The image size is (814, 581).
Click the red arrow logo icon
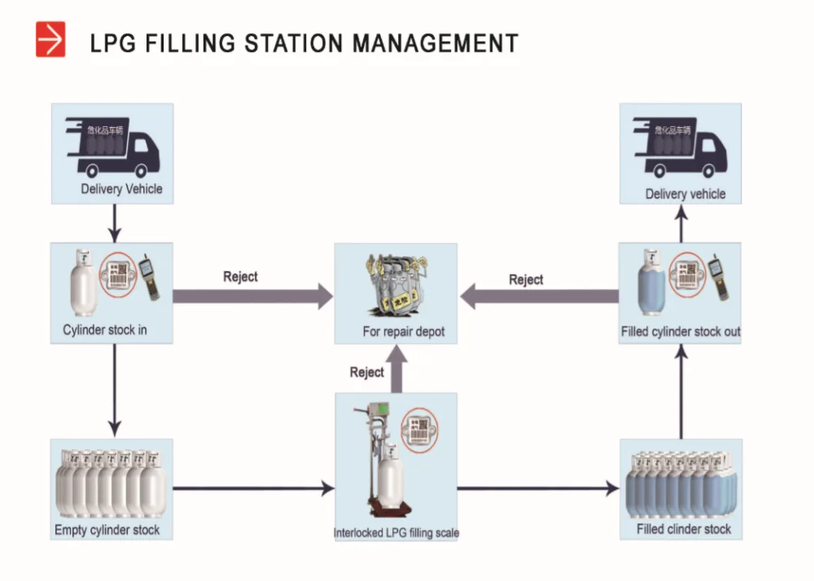pyautogui.click(x=50, y=40)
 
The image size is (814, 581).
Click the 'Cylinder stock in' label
pyautogui.click(x=105, y=330)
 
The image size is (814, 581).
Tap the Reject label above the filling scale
pyautogui.click(x=366, y=372)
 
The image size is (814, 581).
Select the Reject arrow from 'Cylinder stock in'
pyautogui.click(x=252, y=296)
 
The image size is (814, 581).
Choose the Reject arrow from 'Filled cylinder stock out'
pyautogui.click(x=541, y=297)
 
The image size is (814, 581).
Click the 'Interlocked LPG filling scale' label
pyautogui.click(x=396, y=534)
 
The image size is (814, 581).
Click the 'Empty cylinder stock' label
pyautogui.click(x=107, y=531)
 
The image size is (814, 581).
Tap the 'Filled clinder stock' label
pyautogui.click(x=684, y=530)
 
